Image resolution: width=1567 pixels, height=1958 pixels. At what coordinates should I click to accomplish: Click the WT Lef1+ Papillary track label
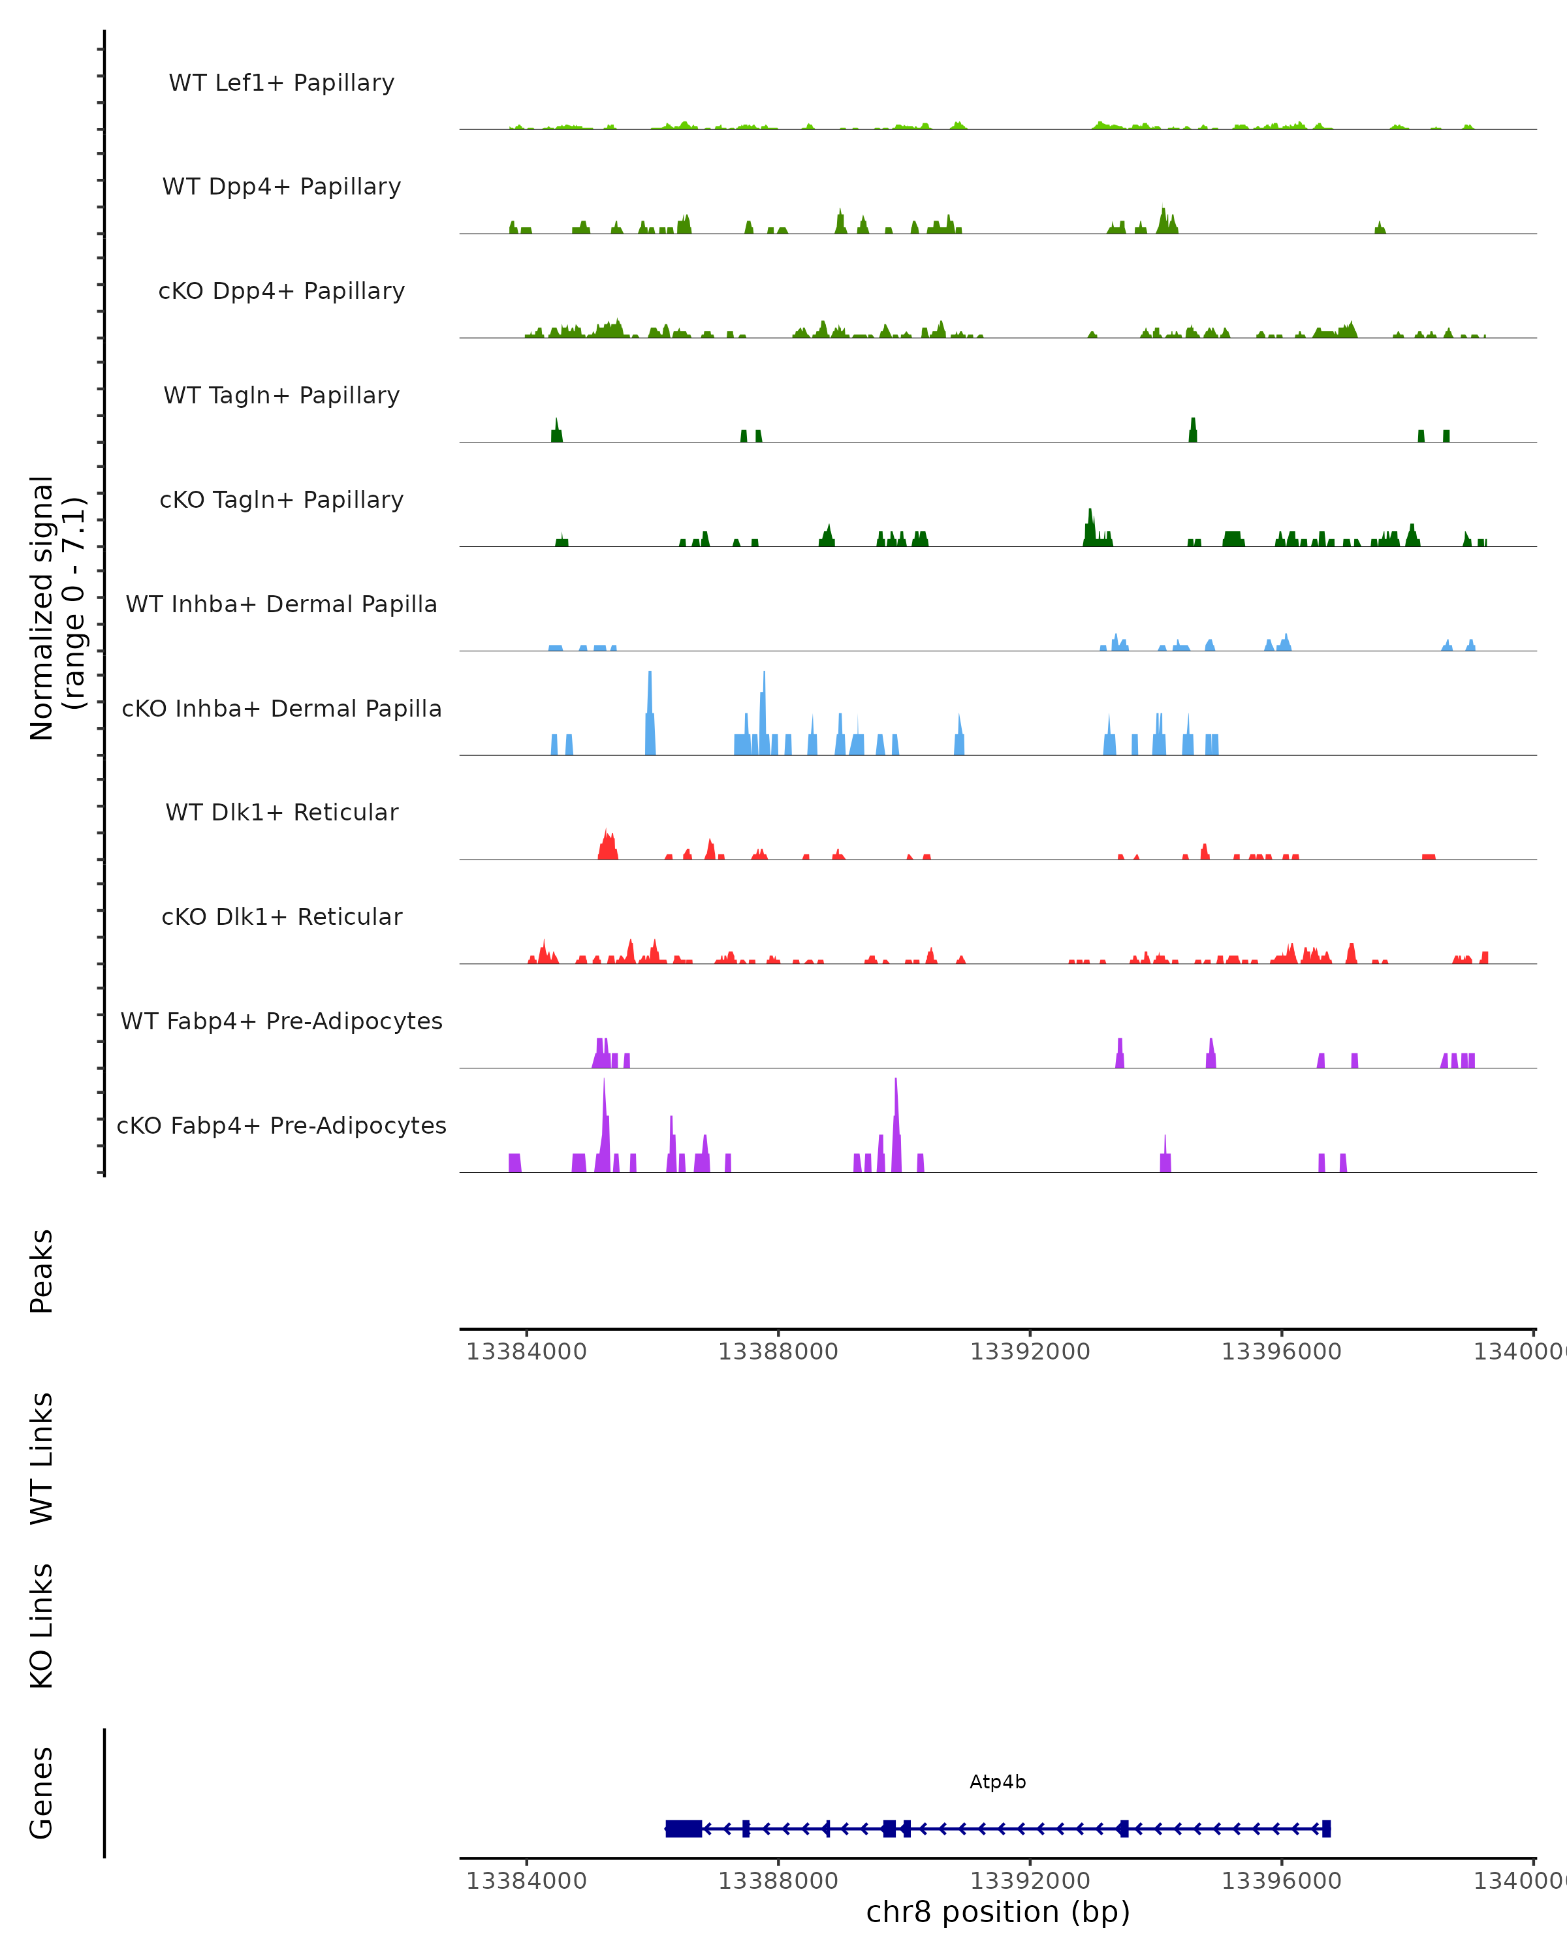[281, 83]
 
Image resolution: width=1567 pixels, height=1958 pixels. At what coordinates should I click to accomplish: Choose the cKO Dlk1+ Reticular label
[281, 916]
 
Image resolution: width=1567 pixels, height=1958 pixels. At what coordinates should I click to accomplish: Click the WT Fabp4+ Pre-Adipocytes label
[281, 1021]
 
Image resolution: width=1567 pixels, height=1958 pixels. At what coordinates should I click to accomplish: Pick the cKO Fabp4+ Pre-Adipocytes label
[281, 1125]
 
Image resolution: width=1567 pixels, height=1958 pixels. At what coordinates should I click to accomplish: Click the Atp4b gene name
[998, 1782]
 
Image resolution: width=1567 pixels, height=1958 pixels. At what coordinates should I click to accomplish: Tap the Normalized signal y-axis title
[56, 606]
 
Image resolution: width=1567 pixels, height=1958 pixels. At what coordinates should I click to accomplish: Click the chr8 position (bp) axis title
[998, 1912]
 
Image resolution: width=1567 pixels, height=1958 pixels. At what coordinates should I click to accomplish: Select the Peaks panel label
[42, 1271]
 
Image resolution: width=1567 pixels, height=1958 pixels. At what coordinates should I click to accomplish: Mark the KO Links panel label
[42, 1626]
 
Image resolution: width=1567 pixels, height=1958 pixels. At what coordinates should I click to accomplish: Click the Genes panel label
[42, 1793]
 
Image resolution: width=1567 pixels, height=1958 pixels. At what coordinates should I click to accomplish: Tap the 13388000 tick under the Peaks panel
[778, 1352]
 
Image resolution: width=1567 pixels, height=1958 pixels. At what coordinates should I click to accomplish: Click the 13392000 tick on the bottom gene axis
[1029, 1880]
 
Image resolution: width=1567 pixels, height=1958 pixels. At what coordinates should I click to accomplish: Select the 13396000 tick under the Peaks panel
[1281, 1352]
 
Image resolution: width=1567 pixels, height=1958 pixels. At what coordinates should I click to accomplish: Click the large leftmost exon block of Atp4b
[683, 1828]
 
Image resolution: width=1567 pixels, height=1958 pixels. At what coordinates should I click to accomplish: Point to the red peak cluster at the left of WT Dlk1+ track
[608, 847]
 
